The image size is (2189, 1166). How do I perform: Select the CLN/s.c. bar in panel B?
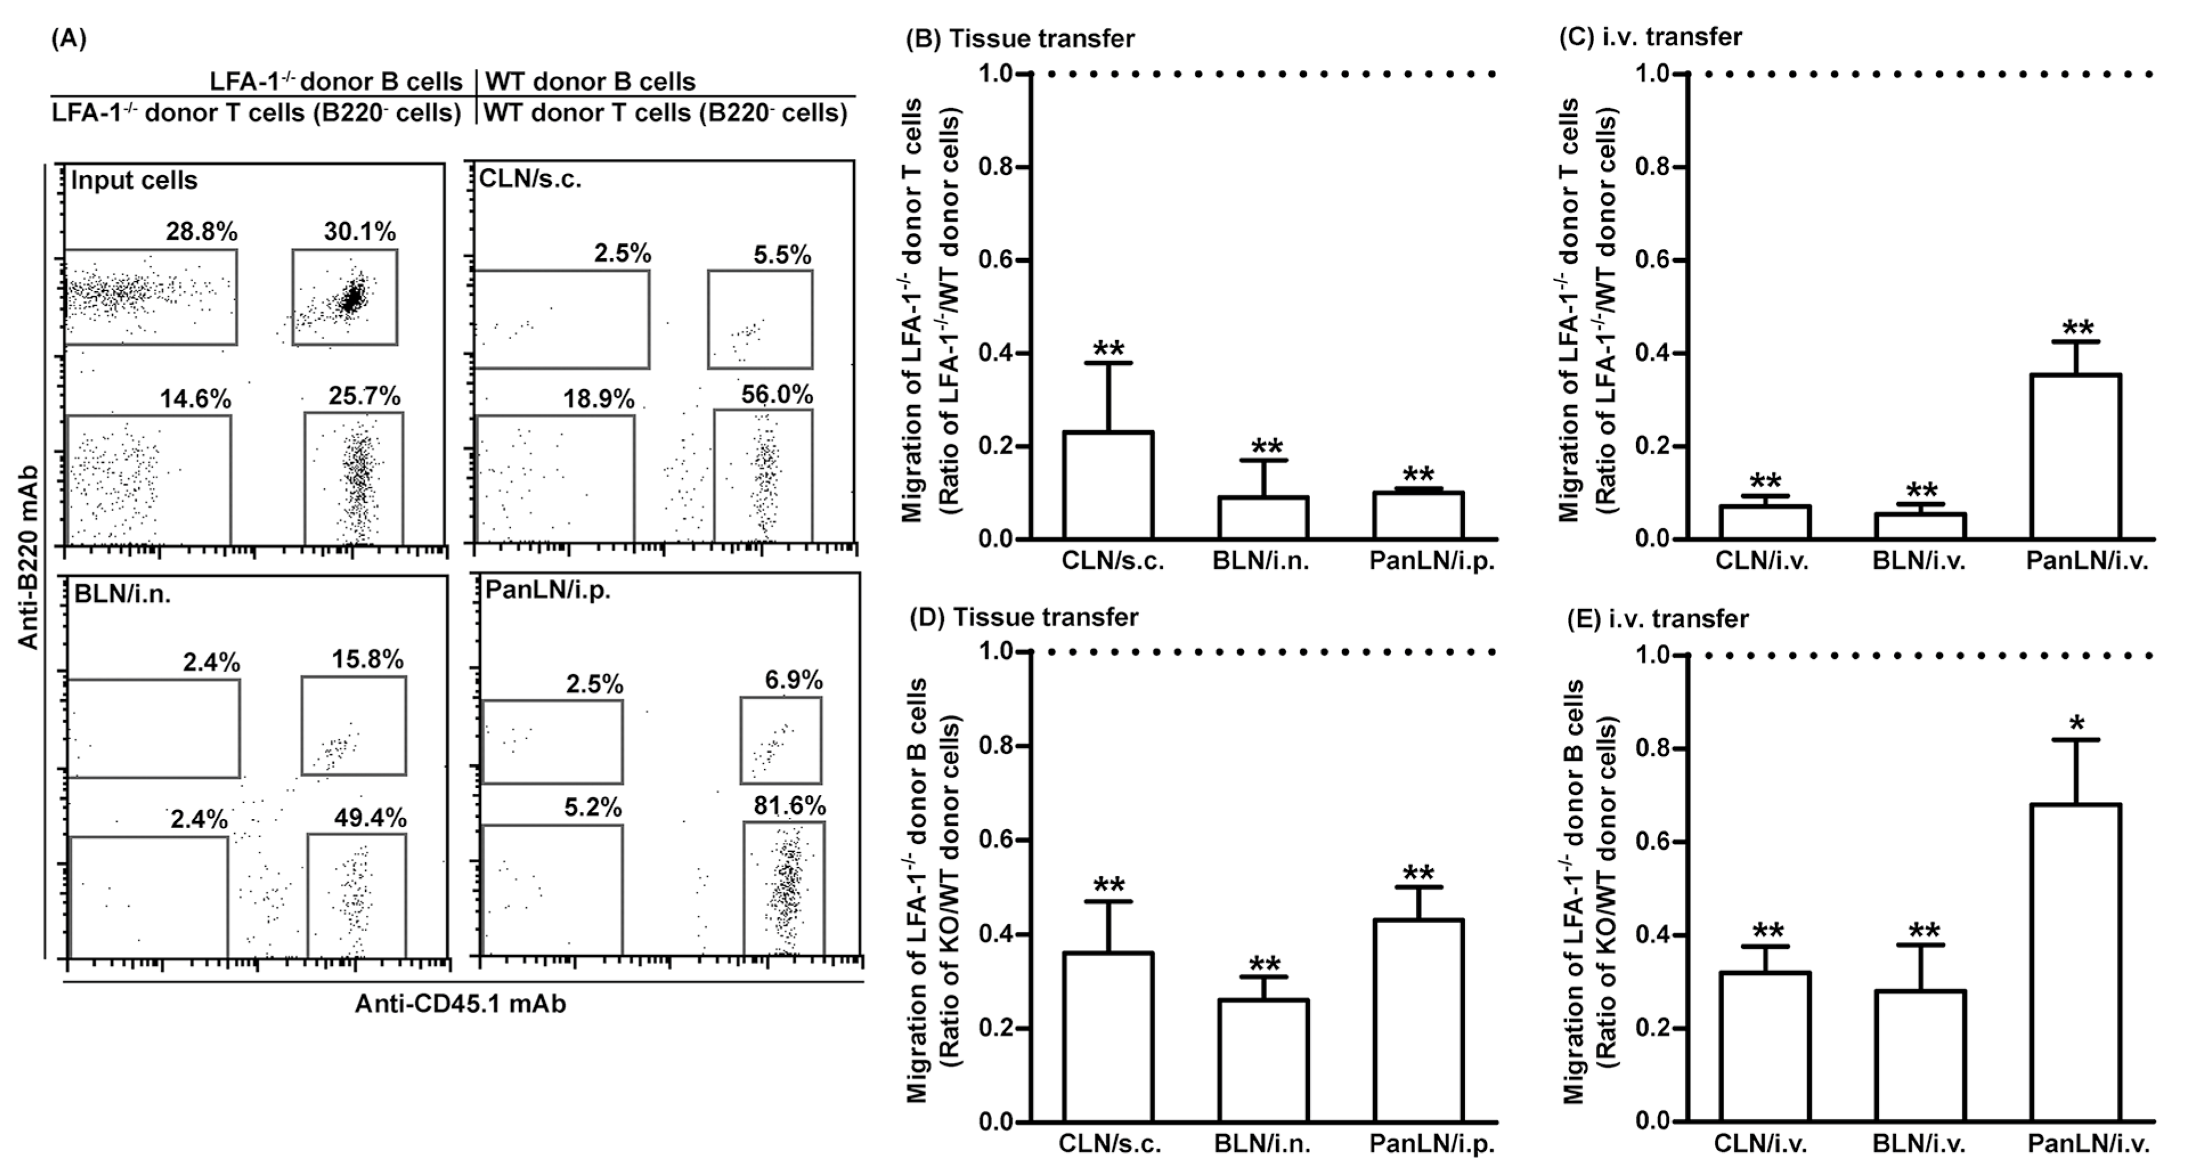(x=1108, y=486)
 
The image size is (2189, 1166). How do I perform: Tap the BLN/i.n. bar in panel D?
(x=1263, y=1061)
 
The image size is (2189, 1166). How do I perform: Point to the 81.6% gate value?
(x=789, y=806)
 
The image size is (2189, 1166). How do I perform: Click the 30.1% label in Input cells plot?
(x=360, y=231)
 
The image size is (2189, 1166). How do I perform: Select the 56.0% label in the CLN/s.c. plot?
(x=777, y=394)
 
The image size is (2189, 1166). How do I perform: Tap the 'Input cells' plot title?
(x=134, y=180)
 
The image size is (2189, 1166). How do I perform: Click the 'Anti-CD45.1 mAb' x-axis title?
(x=460, y=1004)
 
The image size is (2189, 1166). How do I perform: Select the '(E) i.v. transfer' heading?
(x=1657, y=619)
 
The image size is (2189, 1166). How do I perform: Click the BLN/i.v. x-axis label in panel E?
(x=1919, y=1143)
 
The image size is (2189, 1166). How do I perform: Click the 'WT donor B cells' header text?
(x=590, y=81)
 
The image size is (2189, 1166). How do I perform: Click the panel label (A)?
(x=69, y=38)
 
